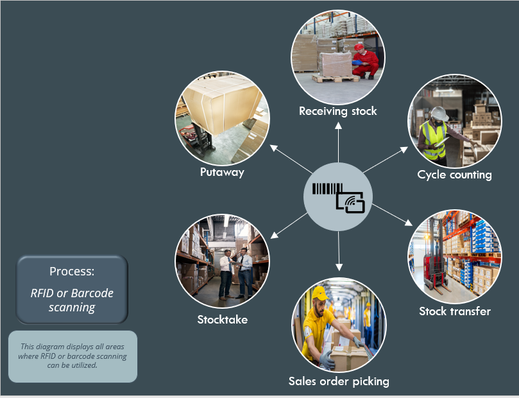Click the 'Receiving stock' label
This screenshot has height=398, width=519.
pyautogui.click(x=338, y=111)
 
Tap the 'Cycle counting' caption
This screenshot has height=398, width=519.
pyautogui.click(x=454, y=175)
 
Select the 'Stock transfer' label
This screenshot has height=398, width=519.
pyautogui.click(x=455, y=311)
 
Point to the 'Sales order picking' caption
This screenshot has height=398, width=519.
pyautogui.click(x=339, y=381)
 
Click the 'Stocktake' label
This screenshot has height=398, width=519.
pyautogui.click(x=222, y=319)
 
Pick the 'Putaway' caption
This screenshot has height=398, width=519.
pyautogui.click(x=222, y=172)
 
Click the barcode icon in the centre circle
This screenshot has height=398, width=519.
pyautogui.click(x=327, y=189)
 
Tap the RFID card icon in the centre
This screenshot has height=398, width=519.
pyautogui.click(x=350, y=202)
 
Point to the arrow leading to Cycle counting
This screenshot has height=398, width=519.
pyautogui.click(x=384, y=160)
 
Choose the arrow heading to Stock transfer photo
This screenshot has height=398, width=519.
pyautogui.click(x=392, y=214)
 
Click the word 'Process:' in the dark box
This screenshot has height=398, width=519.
pyautogui.click(x=72, y=271)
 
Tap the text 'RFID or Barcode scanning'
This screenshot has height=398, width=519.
pyautogui.click(x=72, y=300)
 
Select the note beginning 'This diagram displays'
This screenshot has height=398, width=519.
pyautogui.click(x=73, y=356)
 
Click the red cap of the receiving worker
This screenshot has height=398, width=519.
pyautogui.click(x=359, y=47)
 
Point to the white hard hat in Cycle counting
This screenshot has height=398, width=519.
pyautogui.click(x=439, y=113)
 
